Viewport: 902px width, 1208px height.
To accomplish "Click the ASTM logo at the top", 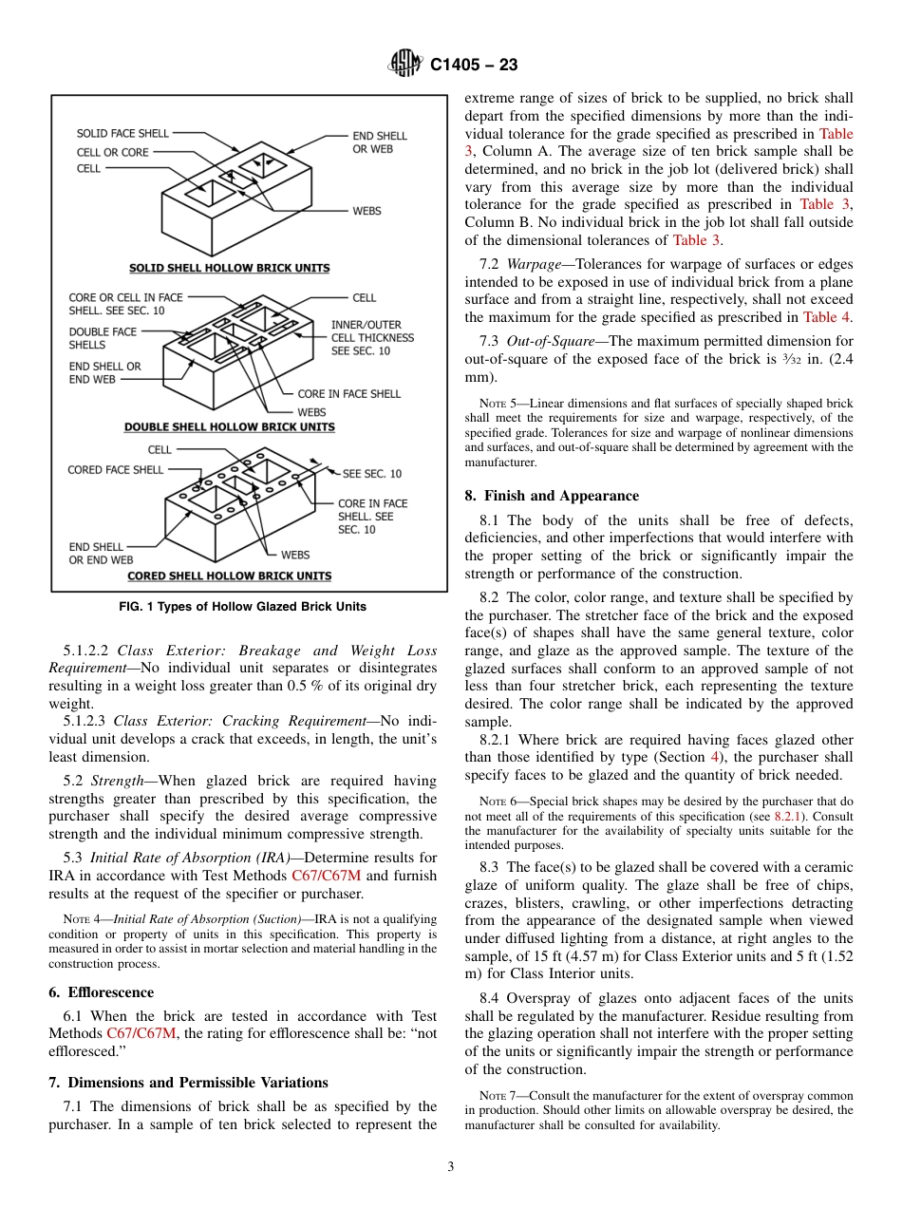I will [405, 66].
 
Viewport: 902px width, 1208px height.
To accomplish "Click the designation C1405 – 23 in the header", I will [474, 66].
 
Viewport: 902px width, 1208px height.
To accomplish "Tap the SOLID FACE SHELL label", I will [122, 134].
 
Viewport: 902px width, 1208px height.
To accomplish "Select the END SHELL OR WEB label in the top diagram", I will [379, 142].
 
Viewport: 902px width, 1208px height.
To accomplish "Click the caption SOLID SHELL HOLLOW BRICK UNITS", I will [229, 268].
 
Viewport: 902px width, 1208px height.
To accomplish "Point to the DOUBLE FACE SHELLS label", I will [102, 338].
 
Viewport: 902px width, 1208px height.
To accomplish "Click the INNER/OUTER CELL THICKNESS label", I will [372, 337].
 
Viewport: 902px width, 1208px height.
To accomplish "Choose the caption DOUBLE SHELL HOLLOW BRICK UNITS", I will [229, 427].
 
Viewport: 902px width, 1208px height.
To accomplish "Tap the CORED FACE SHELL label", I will [115, 470].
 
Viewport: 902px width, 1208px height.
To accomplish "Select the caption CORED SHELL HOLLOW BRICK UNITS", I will [229, 576].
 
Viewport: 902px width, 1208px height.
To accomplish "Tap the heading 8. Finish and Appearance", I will [552, 496].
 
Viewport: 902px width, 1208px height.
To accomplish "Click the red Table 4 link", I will [826, 317].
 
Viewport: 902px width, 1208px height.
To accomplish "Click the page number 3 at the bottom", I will [451, 1167].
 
